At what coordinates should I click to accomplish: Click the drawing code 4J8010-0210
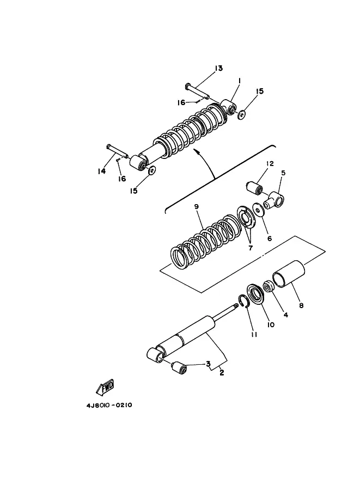109,405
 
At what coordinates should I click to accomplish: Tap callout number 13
218,68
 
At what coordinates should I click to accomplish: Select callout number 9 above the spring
196,207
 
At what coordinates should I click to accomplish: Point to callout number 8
301,305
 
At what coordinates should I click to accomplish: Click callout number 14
101,171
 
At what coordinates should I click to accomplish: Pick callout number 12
270,163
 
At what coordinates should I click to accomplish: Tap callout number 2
222,373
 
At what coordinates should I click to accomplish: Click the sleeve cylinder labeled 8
289,274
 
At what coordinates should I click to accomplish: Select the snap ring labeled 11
243,301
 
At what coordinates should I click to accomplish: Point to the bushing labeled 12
255,188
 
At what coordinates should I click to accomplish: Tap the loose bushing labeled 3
179,369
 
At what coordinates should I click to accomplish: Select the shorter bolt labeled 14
117,151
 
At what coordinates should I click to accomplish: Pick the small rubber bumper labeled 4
269,286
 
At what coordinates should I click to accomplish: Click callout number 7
250,248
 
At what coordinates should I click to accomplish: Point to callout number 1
239,81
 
